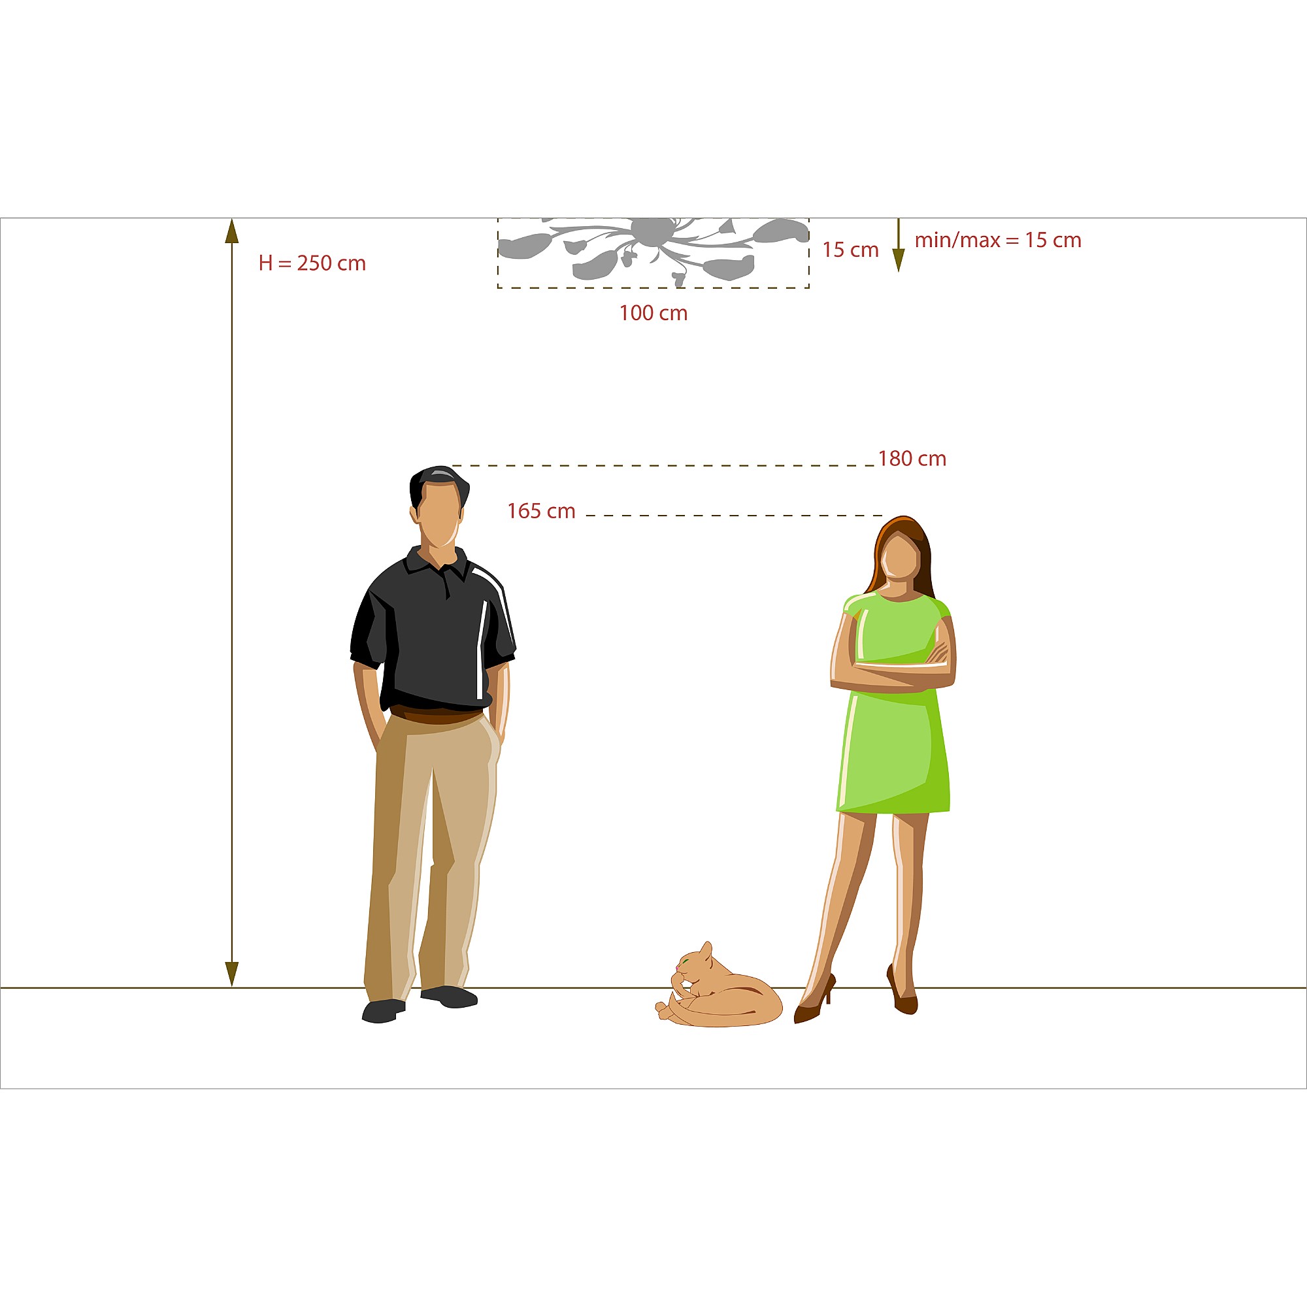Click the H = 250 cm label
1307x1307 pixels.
pos(312,263)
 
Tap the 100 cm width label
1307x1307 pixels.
pos(653,313)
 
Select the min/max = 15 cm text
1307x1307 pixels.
pos(998,240)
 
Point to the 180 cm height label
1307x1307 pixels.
pos(912,459)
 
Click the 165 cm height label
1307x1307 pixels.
pos(541,511)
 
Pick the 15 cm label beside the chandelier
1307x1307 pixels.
pos(850,250)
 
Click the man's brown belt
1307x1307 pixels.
pos(437,714)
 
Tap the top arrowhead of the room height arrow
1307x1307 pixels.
pos(232,231)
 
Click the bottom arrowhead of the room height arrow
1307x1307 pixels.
pos(232,974)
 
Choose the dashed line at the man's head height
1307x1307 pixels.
pos(663,466)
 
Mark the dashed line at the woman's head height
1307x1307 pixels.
pos(735,516)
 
